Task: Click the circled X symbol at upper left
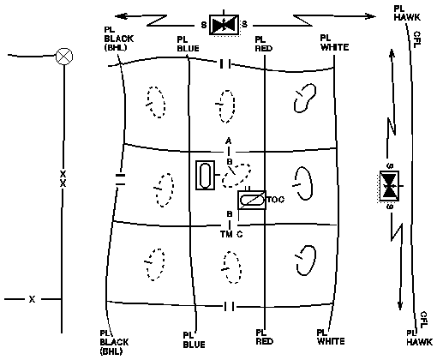pyautogui.click(x=64, y=57)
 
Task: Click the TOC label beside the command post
pyautogui.click(x=276, y=200)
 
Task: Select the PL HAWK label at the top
pyautogui.click(x=407, y=13)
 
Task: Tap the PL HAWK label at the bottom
pyautogui.click(x=419, y=338)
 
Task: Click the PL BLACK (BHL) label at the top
pyautogui.click(x=118, y=39)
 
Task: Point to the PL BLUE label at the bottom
pyautogui.click(x=194, y=340)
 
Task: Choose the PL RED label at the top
pyautogui.click(x=264, y=44)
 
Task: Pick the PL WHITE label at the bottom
pyautogui.click(x=331, y=337)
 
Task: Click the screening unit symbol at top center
pyautogui.click(x=224, y=25)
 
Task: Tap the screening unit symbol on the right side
pyautogui.click(x=389, y=186)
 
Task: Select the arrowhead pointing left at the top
pyautogui.click(x=121, y=16)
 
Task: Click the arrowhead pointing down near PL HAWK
pyautogui.click(x=400, y=306)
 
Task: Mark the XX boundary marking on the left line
pyautogui.click(x=63, y=178)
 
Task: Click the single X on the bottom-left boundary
pyautogui.click(x=32, y=299)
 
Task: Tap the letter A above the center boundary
pyautogui.click(x=228, y=141)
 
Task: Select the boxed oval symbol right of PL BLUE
pyautogui.click(x=205, y=175)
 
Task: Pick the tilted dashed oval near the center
pyautogui.click(x=237, y=175)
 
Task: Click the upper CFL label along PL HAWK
pyautogui.click(x=416, y=39)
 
